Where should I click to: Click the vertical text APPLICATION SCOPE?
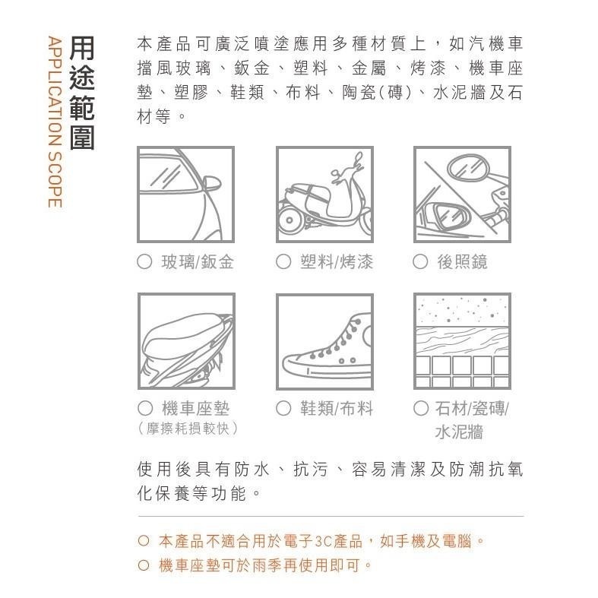point(53,122)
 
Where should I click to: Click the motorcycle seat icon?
point(185,341)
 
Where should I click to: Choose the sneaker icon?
point(324,341)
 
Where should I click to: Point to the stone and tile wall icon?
point(461,341)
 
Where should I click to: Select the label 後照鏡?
point(462,262)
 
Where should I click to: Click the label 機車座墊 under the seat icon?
point(197,409)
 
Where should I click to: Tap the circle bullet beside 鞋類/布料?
point(283,409)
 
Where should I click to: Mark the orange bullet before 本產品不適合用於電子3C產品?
point(144,542)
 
